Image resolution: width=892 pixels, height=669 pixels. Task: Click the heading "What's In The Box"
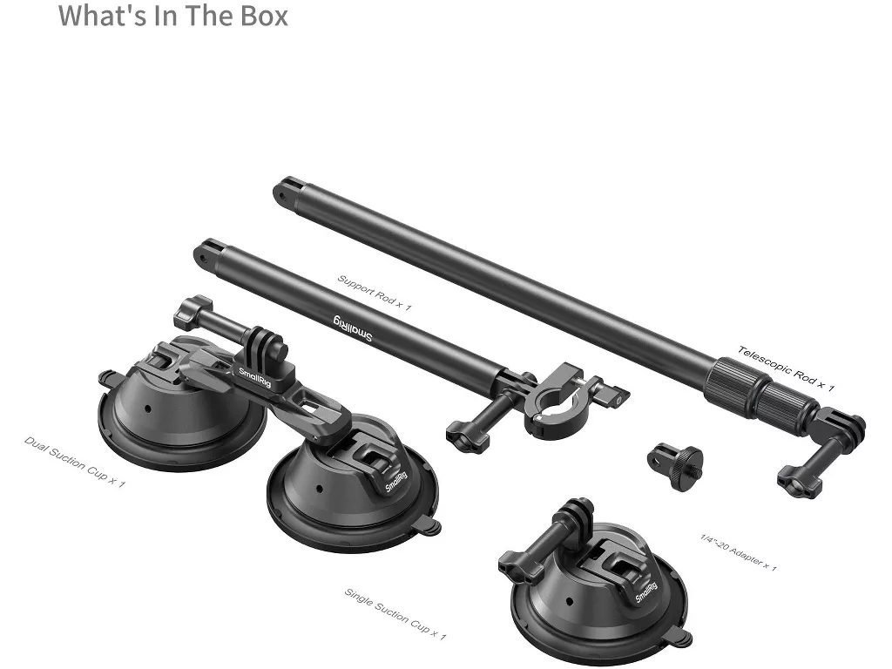click(x=173, y=16)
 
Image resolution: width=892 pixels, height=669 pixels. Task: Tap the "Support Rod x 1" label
click(x=374, y=293)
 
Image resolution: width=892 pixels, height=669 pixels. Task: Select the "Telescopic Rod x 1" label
click(x=787, y=368)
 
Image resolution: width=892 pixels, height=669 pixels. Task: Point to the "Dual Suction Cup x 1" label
click(x=74, y=462)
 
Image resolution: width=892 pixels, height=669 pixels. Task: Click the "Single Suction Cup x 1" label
click(x=395, y=614)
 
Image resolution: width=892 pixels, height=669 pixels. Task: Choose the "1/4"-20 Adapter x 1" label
click(x=738, y=551)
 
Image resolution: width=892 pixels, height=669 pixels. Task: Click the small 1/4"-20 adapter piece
click(x=675, y=465)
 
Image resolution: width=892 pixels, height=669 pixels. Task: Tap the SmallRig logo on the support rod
click(x=352, y=328)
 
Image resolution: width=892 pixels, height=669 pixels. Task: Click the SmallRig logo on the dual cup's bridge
click(x=254, y=378)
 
